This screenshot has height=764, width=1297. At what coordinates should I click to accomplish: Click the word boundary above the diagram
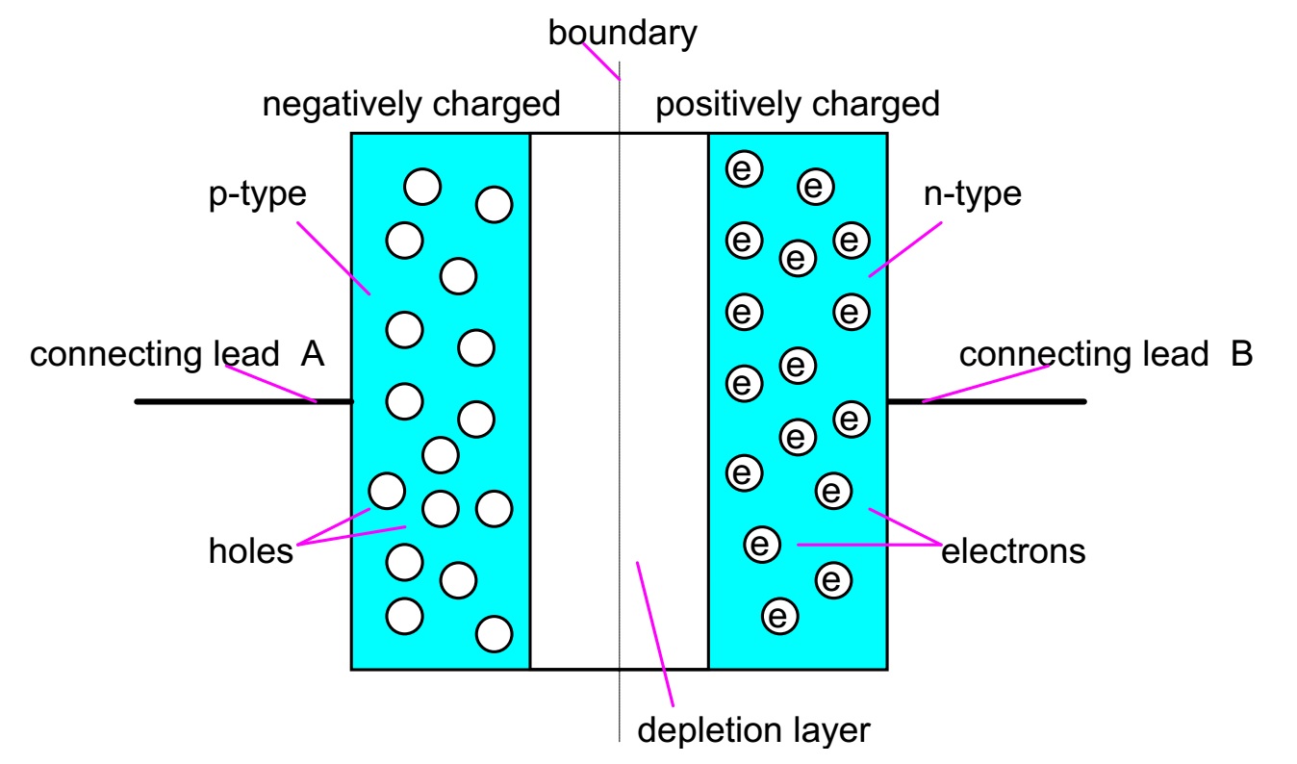[622, 34]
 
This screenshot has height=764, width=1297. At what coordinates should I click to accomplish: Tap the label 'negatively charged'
[411, 103]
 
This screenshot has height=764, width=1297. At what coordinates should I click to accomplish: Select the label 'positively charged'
[797, 103]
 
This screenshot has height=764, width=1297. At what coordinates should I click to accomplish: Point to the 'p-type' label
[258, 194]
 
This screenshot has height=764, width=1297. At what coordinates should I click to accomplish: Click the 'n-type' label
[971, 194]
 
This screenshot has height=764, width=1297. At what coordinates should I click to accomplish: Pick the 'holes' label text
[250, 551]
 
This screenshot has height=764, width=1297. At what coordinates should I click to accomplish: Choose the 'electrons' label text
[1013, 551]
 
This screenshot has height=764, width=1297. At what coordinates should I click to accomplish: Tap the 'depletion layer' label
[753, 729]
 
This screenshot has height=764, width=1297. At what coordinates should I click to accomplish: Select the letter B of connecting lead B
[1241, 354]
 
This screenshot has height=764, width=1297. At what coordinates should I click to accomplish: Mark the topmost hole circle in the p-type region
[422, 187]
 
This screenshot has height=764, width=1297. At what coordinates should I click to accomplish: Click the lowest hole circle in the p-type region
[494, 633]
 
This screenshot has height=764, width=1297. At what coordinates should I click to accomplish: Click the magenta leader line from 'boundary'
[606, 62]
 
